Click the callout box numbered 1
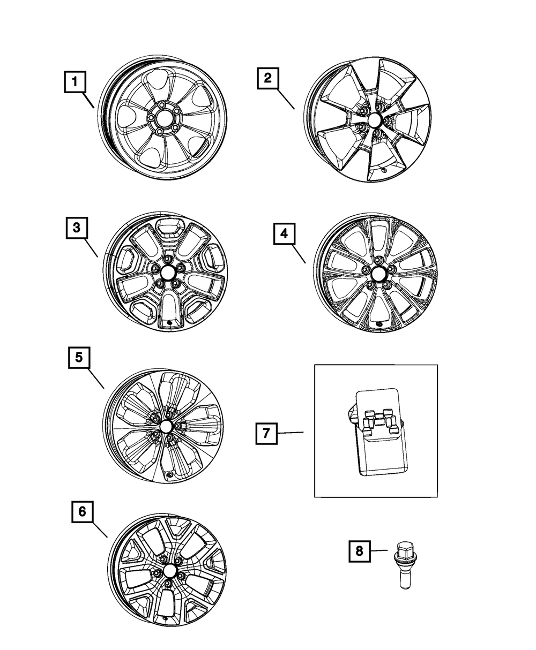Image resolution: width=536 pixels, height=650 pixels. [75, 82]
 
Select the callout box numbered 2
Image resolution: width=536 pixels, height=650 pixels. [268, 78]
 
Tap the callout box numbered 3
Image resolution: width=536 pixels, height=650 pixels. [77, 228]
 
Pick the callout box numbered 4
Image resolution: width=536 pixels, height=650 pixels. [285, 233]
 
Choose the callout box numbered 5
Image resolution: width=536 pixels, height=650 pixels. [79, 358]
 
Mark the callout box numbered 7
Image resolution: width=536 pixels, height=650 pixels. [266, 433]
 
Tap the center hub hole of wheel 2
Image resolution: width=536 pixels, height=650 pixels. [375, 119]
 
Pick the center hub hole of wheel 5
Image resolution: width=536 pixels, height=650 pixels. [167, 426]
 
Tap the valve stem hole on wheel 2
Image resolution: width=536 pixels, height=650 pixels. [384, 170]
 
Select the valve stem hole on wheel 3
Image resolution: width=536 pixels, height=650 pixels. [169, 322]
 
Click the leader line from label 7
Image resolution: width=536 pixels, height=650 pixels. [291, 433]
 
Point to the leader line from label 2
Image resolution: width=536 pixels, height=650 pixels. [286, 99]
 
